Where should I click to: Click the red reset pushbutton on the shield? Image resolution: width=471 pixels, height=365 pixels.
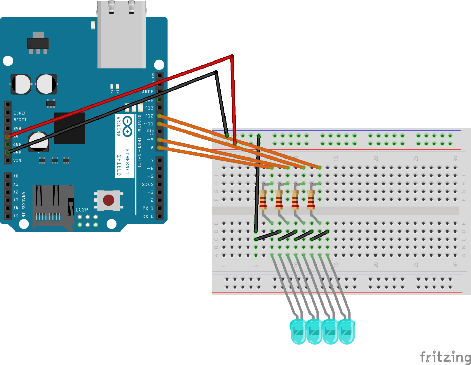tap(108, 200)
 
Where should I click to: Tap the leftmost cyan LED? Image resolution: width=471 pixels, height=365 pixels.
tap(298, 332)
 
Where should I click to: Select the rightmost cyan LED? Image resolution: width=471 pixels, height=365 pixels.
tap(346, 332)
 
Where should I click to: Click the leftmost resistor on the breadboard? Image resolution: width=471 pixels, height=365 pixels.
tap(263, 200)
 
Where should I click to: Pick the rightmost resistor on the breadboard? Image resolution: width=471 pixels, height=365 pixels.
tap(311, 200)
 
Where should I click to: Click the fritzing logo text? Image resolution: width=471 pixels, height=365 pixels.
tap(445, 357)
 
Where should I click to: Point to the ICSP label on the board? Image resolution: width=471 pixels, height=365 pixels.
tap(82, 210)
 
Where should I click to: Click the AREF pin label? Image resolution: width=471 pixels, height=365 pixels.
tap(148, 92)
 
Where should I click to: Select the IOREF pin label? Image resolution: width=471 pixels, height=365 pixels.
tap(20, 113)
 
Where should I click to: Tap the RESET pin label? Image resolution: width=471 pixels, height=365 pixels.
tap(20, 120)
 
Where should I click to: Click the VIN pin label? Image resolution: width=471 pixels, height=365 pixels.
tap(17, 161)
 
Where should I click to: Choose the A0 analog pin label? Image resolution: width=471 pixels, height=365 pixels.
tap(16, 176)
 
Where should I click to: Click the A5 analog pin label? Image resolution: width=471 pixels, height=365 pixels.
tap(16, 216)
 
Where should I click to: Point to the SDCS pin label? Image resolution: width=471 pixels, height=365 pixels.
tap(148, 184)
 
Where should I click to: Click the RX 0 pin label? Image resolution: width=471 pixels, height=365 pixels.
tap(148, 216)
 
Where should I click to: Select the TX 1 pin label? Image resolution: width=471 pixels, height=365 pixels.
tap(148, 208)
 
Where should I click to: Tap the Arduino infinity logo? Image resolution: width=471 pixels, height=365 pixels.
tap(127, 126)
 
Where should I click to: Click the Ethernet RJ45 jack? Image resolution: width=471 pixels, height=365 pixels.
tap(122, 34)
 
